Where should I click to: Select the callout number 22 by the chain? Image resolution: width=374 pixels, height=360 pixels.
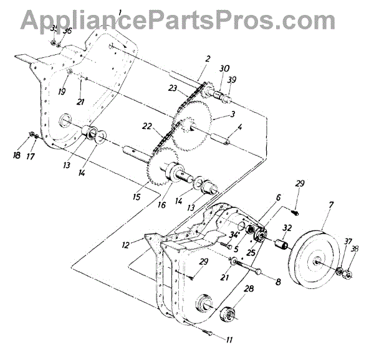pos(146,126)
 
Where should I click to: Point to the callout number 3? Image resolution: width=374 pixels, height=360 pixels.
pos(232,115)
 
